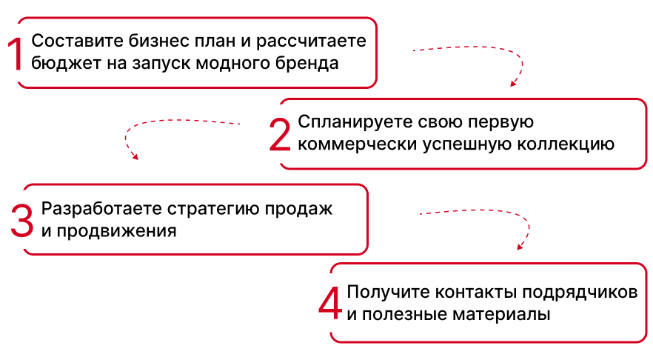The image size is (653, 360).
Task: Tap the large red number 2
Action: point(280,134)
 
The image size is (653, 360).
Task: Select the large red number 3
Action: point(22,220)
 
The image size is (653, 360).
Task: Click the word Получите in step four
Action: point(383,291)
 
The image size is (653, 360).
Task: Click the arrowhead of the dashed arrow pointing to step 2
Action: point(512,84)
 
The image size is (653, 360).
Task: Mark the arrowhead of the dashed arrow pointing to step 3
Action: point(135,156)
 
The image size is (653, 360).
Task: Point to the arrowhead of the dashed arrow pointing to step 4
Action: point(519,247)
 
